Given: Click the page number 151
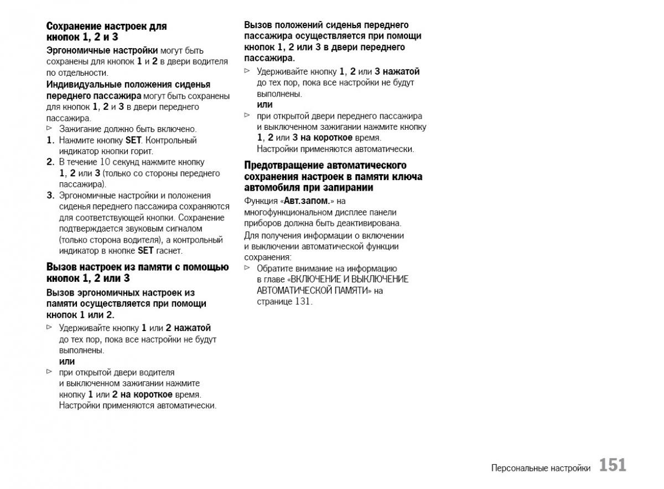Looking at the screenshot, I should click(613, 465).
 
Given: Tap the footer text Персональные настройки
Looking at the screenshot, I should click(541, 468).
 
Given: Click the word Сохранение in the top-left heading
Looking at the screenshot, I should click(74, 26).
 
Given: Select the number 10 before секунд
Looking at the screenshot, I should click(105, 162).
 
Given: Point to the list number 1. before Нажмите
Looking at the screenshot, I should click(50, 140).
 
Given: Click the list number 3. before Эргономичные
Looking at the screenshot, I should click(50, 196).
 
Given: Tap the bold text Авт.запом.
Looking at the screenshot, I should click(306, 201).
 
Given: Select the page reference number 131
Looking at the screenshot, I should click(303, 302).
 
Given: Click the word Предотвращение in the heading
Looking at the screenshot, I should click(284, 165).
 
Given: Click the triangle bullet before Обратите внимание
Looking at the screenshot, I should click(247, 268).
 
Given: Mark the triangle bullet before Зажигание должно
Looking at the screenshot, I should click(49, 128).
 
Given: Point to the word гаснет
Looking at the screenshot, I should click(169, 251).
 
